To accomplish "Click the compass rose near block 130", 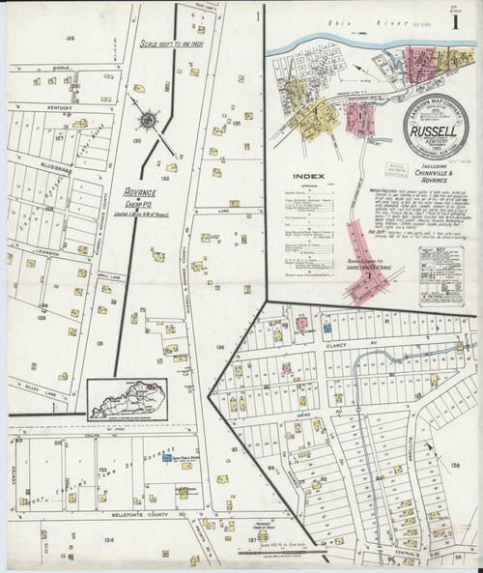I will click(x=150, y=121).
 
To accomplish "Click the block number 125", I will click(x=69, y=38).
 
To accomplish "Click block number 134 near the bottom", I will click(x=80, y=541).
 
